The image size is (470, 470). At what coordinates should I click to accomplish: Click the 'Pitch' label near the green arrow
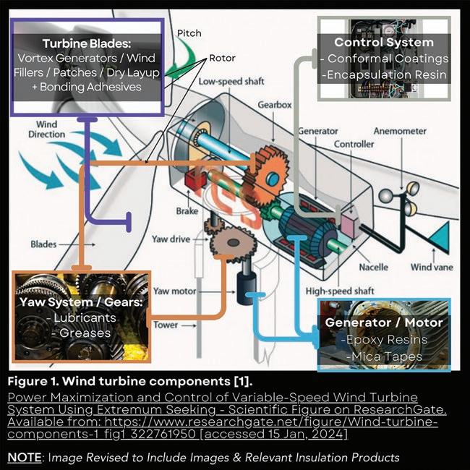(189, 33)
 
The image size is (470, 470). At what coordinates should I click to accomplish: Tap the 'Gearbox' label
(275, 105)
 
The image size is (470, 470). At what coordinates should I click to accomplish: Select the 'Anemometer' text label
(400, 131)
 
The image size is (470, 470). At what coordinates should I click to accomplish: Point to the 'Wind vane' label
(432, 267)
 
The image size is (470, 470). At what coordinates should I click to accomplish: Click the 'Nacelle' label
(374, 267)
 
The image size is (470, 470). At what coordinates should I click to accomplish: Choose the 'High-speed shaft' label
(340, 291)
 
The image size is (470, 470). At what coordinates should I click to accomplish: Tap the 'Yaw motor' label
(174, 291)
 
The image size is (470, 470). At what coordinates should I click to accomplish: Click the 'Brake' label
(187, 211)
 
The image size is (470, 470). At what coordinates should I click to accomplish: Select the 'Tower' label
(166, 325)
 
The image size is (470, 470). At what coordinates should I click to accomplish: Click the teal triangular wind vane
(440, 236)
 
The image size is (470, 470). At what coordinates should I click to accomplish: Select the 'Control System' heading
(384, 42)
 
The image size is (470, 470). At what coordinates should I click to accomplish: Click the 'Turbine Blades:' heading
(87, 44)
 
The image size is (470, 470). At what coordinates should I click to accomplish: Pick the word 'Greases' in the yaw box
(85, 333)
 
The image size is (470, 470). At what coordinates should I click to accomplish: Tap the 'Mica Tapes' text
(387, 356)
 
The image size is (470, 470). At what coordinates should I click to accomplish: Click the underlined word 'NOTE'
(25, 458)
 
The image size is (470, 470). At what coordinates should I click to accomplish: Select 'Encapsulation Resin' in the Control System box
(387, 74)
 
